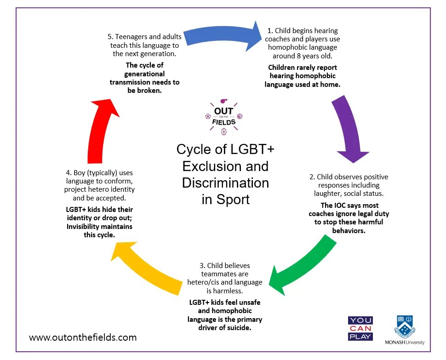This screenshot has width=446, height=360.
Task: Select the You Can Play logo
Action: coord(360,328)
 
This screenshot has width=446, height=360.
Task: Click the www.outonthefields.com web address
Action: coord(83,337)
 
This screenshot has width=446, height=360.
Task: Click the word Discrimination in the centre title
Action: coord(225,183)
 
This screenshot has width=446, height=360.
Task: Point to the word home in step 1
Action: coord(329,85)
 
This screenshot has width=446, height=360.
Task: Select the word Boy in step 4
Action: coord(81,173)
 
